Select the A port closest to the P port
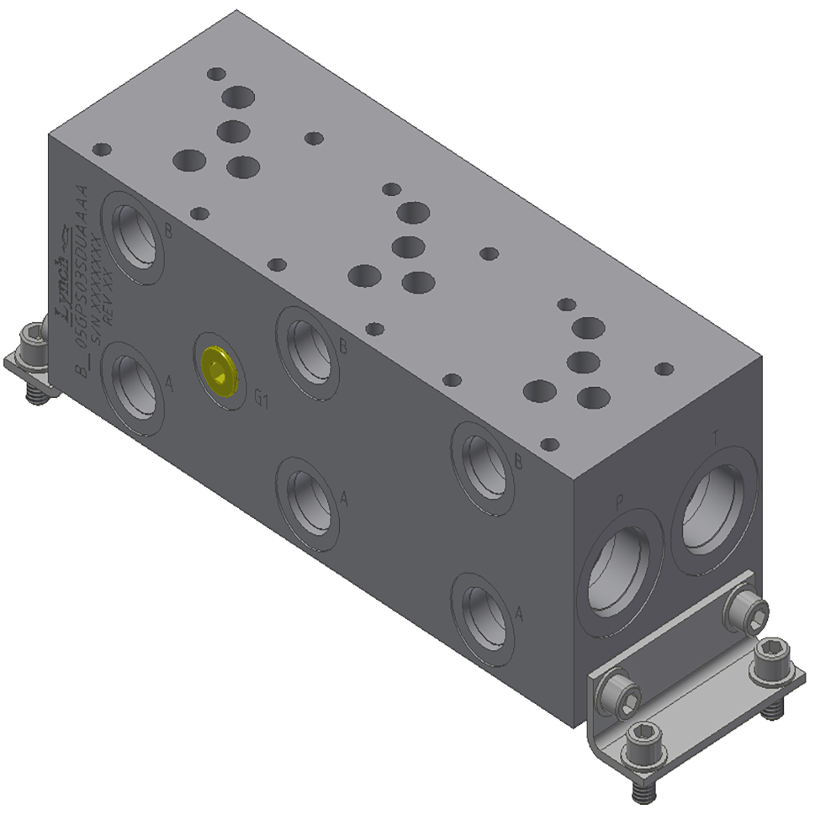point(483,616)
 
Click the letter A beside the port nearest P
point(519,614)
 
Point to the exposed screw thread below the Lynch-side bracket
point(36,393)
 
